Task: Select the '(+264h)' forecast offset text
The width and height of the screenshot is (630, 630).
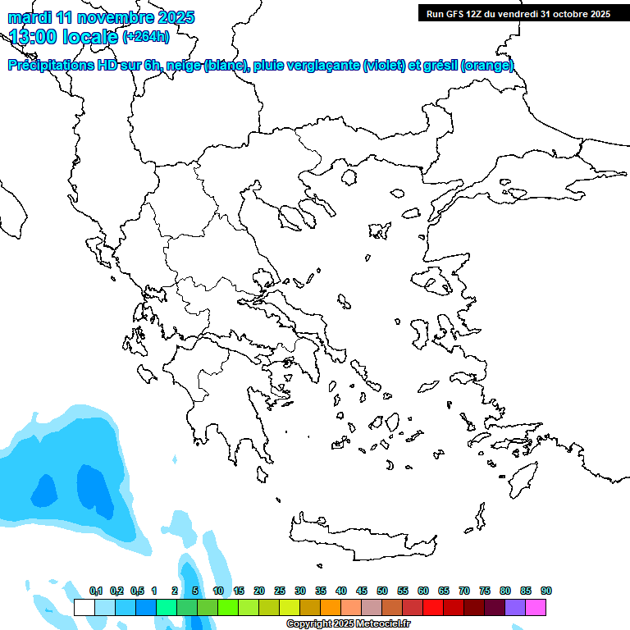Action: pyautogui.click(x=146, y=36)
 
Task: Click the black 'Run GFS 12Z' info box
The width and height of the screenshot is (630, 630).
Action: pyautogui.click(x=518, y=13)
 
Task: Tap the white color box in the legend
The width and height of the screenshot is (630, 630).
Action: pyautogui.click(x=84, y=608)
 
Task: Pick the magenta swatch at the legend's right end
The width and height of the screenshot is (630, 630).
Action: pyautogui.click(x=536, y=608)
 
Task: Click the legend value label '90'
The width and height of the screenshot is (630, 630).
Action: pyautogui.click(x=546, y=591)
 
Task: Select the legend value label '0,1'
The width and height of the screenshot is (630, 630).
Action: pyautogui.click(x=96, y=591)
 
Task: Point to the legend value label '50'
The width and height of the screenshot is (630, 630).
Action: pyautogui.click(x=382, y=591)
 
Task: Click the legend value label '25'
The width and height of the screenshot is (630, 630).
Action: pyautogui.click(x=280, y=591)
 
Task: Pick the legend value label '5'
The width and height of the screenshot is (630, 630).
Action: pyautogui.click(x=195, y=591)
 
